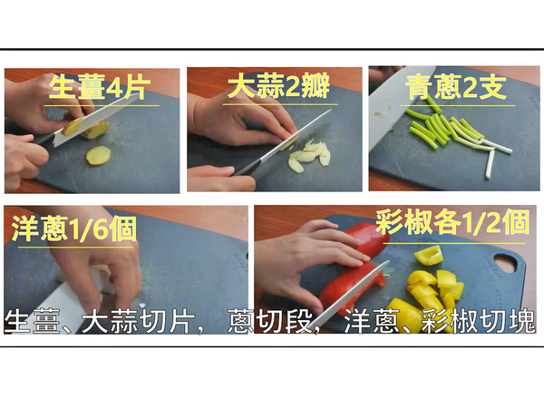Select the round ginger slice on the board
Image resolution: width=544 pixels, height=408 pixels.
(98, 156)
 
